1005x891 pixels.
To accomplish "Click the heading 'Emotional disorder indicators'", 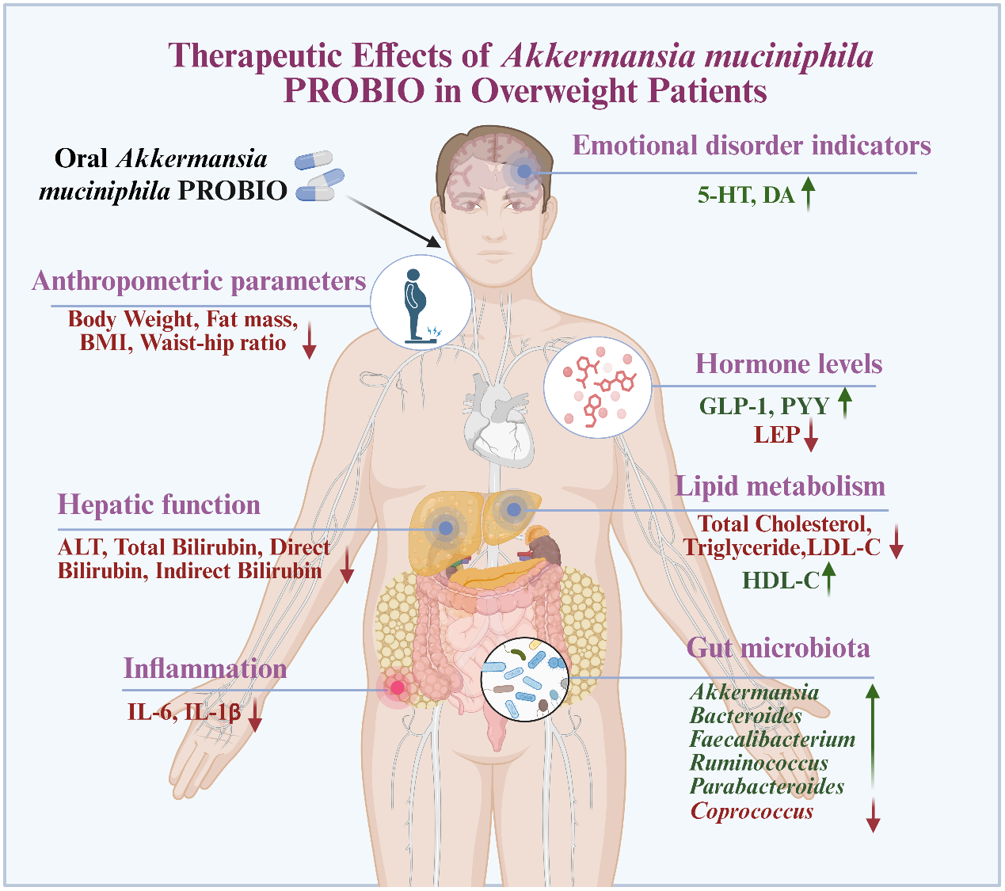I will pos(751,146).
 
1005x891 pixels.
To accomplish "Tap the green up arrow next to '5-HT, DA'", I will pos(808,194).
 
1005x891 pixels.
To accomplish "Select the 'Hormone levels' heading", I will pos(788,364).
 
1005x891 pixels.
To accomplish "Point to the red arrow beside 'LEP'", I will pos(810,436).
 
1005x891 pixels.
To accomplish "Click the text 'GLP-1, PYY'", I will pos(763,406).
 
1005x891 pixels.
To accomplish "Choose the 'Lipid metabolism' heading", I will pos(779,486).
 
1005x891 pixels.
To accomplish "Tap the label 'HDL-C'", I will pos(780,581).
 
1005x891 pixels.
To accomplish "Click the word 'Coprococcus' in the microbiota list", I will pos(752,812).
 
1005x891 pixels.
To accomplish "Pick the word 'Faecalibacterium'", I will pos(772,740).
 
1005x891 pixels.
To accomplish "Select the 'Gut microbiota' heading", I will pos(778,648).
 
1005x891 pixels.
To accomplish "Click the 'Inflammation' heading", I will pos(205,668).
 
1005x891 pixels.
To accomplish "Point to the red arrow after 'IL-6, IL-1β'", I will pos(255,715).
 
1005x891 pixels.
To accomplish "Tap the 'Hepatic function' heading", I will pos(158,505).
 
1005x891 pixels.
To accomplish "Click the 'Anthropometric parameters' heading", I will pos(199,281).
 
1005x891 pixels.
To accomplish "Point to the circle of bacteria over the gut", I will pos(524,679).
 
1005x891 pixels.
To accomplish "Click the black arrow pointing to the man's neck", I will pos(394,221).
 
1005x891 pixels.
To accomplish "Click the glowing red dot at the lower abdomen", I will pos(398,687).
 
